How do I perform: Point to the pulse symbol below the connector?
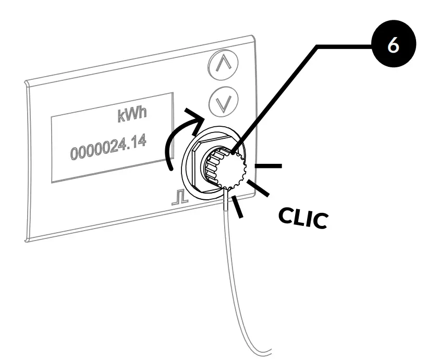pos(179,198)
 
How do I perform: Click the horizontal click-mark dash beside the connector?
pos(269,166)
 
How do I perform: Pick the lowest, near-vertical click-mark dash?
pos(238,207)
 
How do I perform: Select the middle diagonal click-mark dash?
pos(259,189)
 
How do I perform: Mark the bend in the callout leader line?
pos(316,46)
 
